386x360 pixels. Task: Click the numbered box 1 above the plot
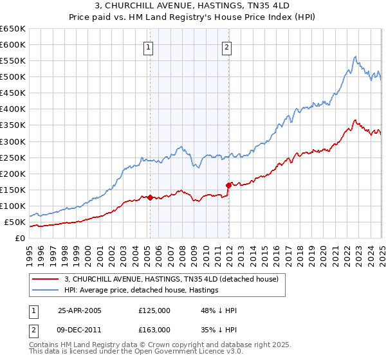pyautogui.click(x=149, y=46)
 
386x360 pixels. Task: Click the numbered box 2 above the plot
pyautogui.click(x=228, y=46)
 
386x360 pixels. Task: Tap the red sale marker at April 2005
pyautogui.click(x=150, y=197)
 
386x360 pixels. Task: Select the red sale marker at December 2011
pyautogui.click(x=228, y=185)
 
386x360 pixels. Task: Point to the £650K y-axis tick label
pyautogui.click(x=13, y=29)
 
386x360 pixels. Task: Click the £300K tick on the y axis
pyautogui.click(x=13, y=141)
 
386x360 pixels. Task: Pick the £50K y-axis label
pyautogui.click(x=15, y=222)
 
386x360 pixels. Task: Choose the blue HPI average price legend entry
pyautogui.click(x=142, y=290)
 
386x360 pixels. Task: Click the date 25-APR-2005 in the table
pyautogui.click(x=80, y=310)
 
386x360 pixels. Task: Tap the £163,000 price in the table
pyautogui.click(x=154, y=329)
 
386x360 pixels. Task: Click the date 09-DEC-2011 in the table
pyautogui.click(x=80, y=329)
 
